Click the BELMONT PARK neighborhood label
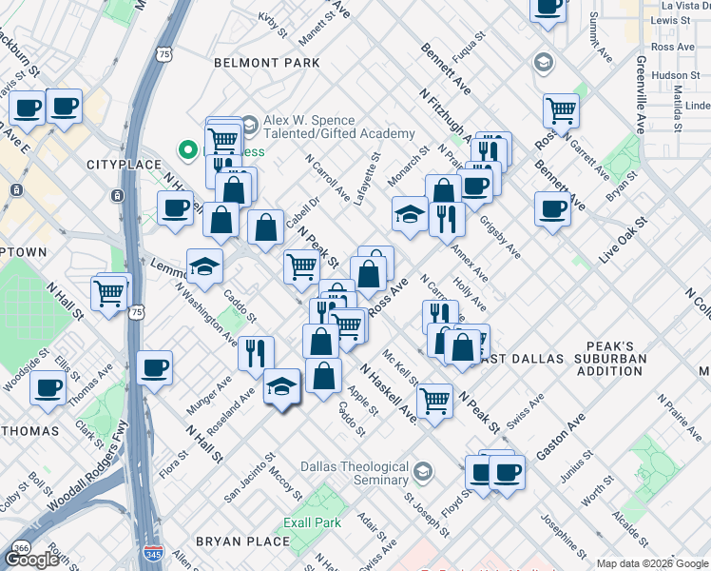(x=267, y=63)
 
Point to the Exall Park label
(x=312, y=523)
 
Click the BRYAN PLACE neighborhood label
(x=242, y=541)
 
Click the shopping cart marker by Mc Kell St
(x=434, y=400)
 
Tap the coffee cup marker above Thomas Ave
(x=154, y=366)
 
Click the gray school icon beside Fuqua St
(x=543, y=63)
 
